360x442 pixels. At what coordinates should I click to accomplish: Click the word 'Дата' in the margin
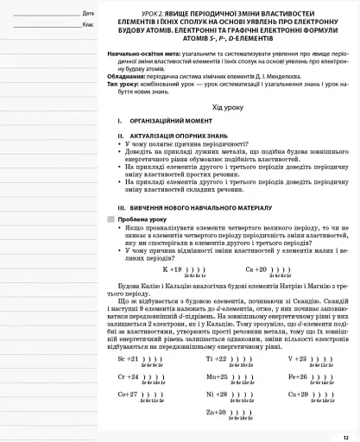(x=88, y=13)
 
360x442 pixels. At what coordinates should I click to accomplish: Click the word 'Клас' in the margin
(x=88, y=24)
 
